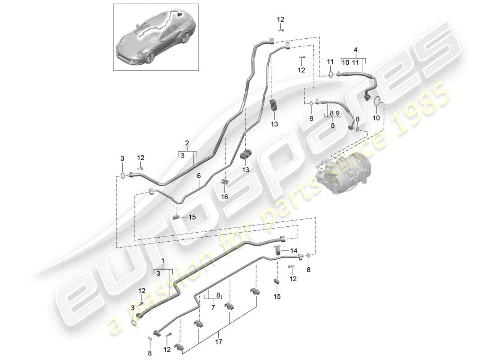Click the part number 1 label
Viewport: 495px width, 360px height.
pos(163,261)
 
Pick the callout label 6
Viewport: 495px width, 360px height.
pos(198,177)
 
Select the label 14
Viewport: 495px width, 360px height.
pos(293,250)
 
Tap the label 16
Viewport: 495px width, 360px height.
pos(225,197)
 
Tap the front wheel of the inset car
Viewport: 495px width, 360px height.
pos(150,57)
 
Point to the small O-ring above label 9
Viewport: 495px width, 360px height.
pos(311,104)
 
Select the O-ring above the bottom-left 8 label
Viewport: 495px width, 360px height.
pos(149,339)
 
